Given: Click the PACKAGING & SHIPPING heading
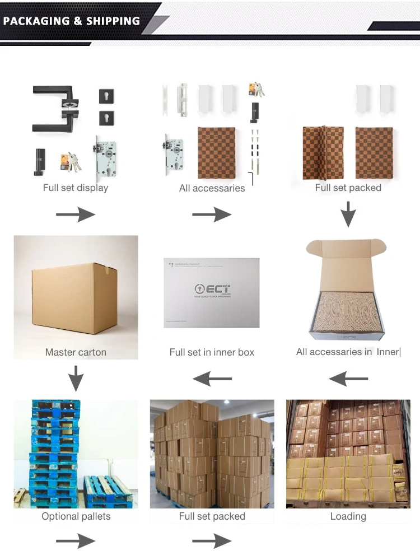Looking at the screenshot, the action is tap(72, 21).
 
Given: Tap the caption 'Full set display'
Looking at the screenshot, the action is tap(76, 188).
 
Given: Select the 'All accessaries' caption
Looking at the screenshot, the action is tap(212, 188).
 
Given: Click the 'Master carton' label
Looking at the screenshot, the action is tap(76, 352).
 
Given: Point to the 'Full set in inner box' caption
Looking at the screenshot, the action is tap(212, 352).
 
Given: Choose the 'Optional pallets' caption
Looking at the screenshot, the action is tap(76, 516).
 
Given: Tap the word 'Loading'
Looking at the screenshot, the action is tap(348, 516).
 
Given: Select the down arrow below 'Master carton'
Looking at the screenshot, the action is tap(76, 379).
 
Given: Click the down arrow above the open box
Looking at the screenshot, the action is tap(348, 214).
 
